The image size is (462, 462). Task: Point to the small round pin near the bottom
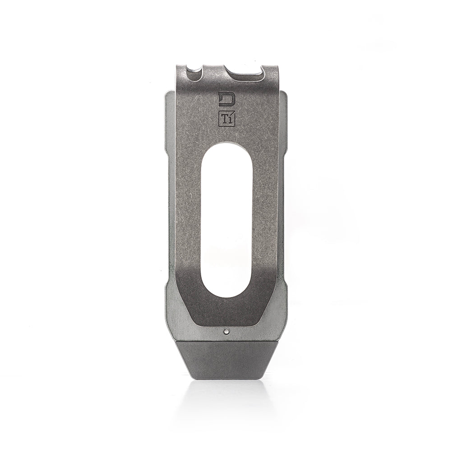[x=225, y=332]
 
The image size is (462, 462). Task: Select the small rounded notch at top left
[x=195, y=72]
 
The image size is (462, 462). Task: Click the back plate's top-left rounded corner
[x=166, y=95]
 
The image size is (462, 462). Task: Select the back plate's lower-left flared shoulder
[x=171, y=289]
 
